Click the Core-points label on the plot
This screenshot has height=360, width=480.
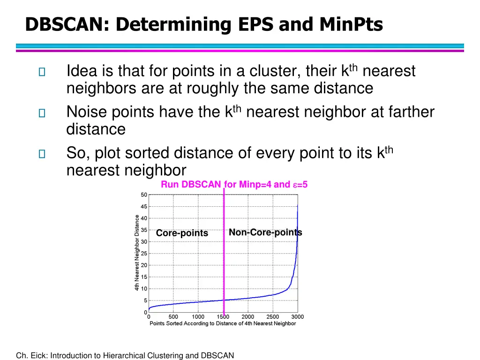[x=182, y=233]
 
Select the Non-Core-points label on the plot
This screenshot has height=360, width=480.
[x=265, y=232]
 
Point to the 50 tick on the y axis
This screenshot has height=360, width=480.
[x=144, y=195]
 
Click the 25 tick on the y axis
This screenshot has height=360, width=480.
[x=144, y=254]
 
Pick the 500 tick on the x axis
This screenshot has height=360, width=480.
[x=173, y=317]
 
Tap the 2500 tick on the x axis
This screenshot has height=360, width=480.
[x=273, y=317]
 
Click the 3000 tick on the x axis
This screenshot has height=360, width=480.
[x=298, y=317]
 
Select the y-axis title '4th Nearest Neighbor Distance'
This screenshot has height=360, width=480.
[x=137, y=253]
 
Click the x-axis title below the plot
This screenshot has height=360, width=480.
[x=223, y=323]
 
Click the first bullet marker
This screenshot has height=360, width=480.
[x=42, y=72]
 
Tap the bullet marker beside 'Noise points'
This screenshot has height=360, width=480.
[x=42, y=112]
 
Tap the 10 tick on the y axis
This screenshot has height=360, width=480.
[x=144, y=289]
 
